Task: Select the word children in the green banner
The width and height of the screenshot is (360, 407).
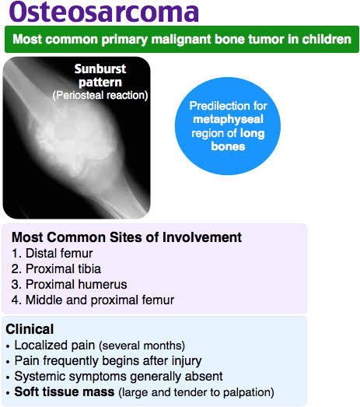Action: [x=320, y=39]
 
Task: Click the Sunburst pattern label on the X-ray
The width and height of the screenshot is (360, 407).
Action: [x=100, y=75]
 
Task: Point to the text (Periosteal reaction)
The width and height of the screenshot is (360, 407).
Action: [x=100, y=95]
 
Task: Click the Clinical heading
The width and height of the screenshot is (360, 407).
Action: [x=30, y=329]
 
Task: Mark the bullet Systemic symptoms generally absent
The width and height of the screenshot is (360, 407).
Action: [x=108, y=376]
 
